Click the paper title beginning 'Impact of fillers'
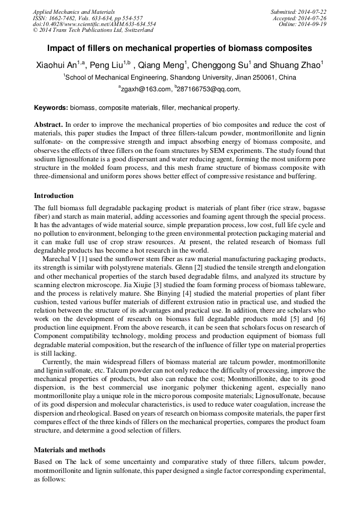click(x=179, y=48)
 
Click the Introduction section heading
click(x=54, y=196)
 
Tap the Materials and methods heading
click(x=69, y=450)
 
